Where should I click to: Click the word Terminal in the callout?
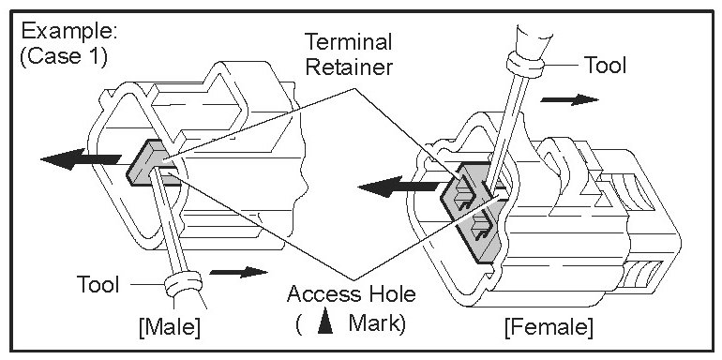349,42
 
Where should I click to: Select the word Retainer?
349,67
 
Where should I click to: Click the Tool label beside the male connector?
98,284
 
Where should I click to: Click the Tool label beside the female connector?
605,65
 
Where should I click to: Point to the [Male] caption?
170,328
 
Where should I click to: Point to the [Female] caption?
549,328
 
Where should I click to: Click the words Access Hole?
351,293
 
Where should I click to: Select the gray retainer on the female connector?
471,212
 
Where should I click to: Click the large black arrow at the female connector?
399,187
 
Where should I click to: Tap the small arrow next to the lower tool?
238,272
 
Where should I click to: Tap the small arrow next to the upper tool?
569,99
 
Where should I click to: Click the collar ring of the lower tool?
183,284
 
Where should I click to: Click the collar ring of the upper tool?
525,66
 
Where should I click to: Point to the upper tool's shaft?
506,129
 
